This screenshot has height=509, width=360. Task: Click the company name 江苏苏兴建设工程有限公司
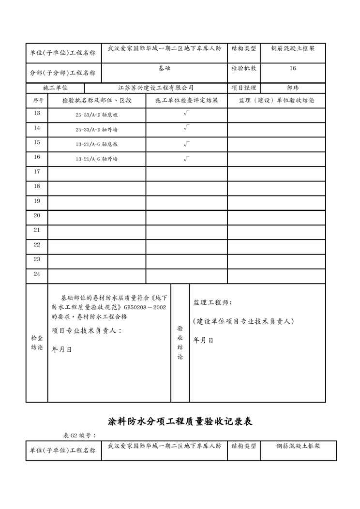156,88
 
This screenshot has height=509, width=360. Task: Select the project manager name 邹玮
293,88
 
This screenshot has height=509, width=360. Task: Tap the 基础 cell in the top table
164,69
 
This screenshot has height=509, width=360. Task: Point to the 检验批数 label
244,69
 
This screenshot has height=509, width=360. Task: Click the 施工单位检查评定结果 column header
187,101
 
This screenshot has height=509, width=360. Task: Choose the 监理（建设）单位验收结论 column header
276,101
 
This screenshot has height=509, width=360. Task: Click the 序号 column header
37,101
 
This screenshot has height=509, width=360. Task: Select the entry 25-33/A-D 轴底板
97,116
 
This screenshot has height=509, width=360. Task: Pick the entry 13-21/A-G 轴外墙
97,159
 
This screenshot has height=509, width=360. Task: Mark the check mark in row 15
186,144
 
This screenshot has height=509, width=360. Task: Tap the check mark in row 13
186,114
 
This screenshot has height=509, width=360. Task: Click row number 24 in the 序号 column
37,274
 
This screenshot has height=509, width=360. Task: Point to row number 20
37,215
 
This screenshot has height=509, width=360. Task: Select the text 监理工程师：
212,303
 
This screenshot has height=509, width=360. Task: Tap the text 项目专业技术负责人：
87,331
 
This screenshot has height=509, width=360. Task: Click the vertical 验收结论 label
180,343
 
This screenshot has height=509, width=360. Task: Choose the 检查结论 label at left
37,343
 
